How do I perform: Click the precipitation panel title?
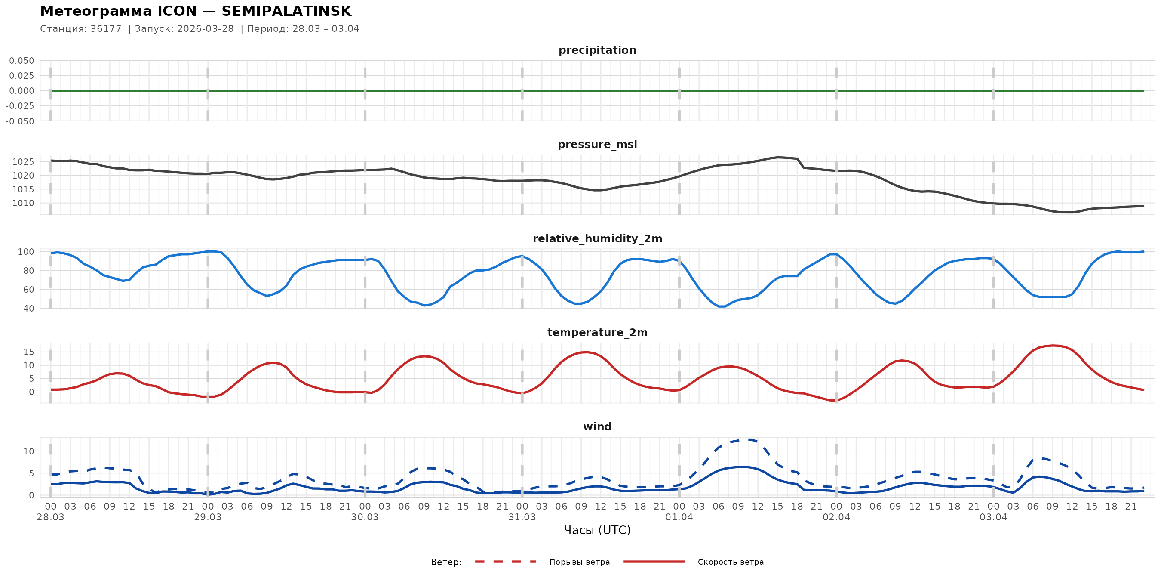click(597, 50)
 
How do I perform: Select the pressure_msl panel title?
click(597, 144)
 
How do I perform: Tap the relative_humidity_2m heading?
click(597, 238)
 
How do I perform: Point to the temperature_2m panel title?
click(597, 332)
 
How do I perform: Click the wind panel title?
click(597, 427)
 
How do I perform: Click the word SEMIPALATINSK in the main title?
click(286, 11)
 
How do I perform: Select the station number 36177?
click(106, 29)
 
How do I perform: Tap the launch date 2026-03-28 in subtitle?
click(206, 29)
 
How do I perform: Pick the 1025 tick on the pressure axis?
click(23, 162)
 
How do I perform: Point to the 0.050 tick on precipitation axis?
click(21, 61)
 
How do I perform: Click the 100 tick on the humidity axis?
click(26, 252)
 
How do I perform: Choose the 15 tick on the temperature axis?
click(28, 352)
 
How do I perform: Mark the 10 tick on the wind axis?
click(28, 451)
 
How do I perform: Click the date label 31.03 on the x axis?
click(522, 517)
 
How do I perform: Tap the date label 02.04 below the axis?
click(836, 517)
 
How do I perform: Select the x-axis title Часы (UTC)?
click(597, 530)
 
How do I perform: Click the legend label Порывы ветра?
click(579, 562)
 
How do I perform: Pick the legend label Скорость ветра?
click(730, 562)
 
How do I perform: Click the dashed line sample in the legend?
click(505, 562)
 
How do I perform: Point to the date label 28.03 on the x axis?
click(50, 517)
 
